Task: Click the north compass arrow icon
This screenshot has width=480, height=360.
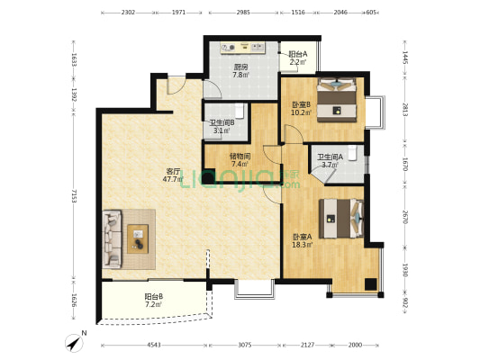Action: (75, 343)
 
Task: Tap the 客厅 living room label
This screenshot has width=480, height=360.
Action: (173, 171)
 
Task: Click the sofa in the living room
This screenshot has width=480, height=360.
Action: (112, 238)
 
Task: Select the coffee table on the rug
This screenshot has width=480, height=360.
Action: (138, 238)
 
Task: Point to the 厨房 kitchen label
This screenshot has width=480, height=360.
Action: (240, 67)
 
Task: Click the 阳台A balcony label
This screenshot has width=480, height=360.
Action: (298, 54)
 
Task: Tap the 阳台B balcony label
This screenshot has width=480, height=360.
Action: (154, 296)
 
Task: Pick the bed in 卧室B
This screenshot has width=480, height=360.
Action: (337, 100)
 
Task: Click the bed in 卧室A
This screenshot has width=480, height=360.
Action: (341, 219)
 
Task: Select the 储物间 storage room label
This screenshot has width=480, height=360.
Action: (240, 157)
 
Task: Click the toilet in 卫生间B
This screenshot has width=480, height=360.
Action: (240, 112)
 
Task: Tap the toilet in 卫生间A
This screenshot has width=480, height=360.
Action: (353, 153)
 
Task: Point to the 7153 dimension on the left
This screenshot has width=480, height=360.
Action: (74, 196)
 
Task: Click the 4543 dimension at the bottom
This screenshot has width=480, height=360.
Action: (154, 345)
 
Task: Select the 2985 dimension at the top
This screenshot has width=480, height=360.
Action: (243, 13)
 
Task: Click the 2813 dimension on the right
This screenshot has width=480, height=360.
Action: (405, 110)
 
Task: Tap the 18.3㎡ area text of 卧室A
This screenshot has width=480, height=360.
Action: (303, 245)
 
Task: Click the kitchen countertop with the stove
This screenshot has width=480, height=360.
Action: (243, 48)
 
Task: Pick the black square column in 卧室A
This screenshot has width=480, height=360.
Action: (370, 284)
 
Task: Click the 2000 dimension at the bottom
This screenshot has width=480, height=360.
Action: (355, 345)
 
